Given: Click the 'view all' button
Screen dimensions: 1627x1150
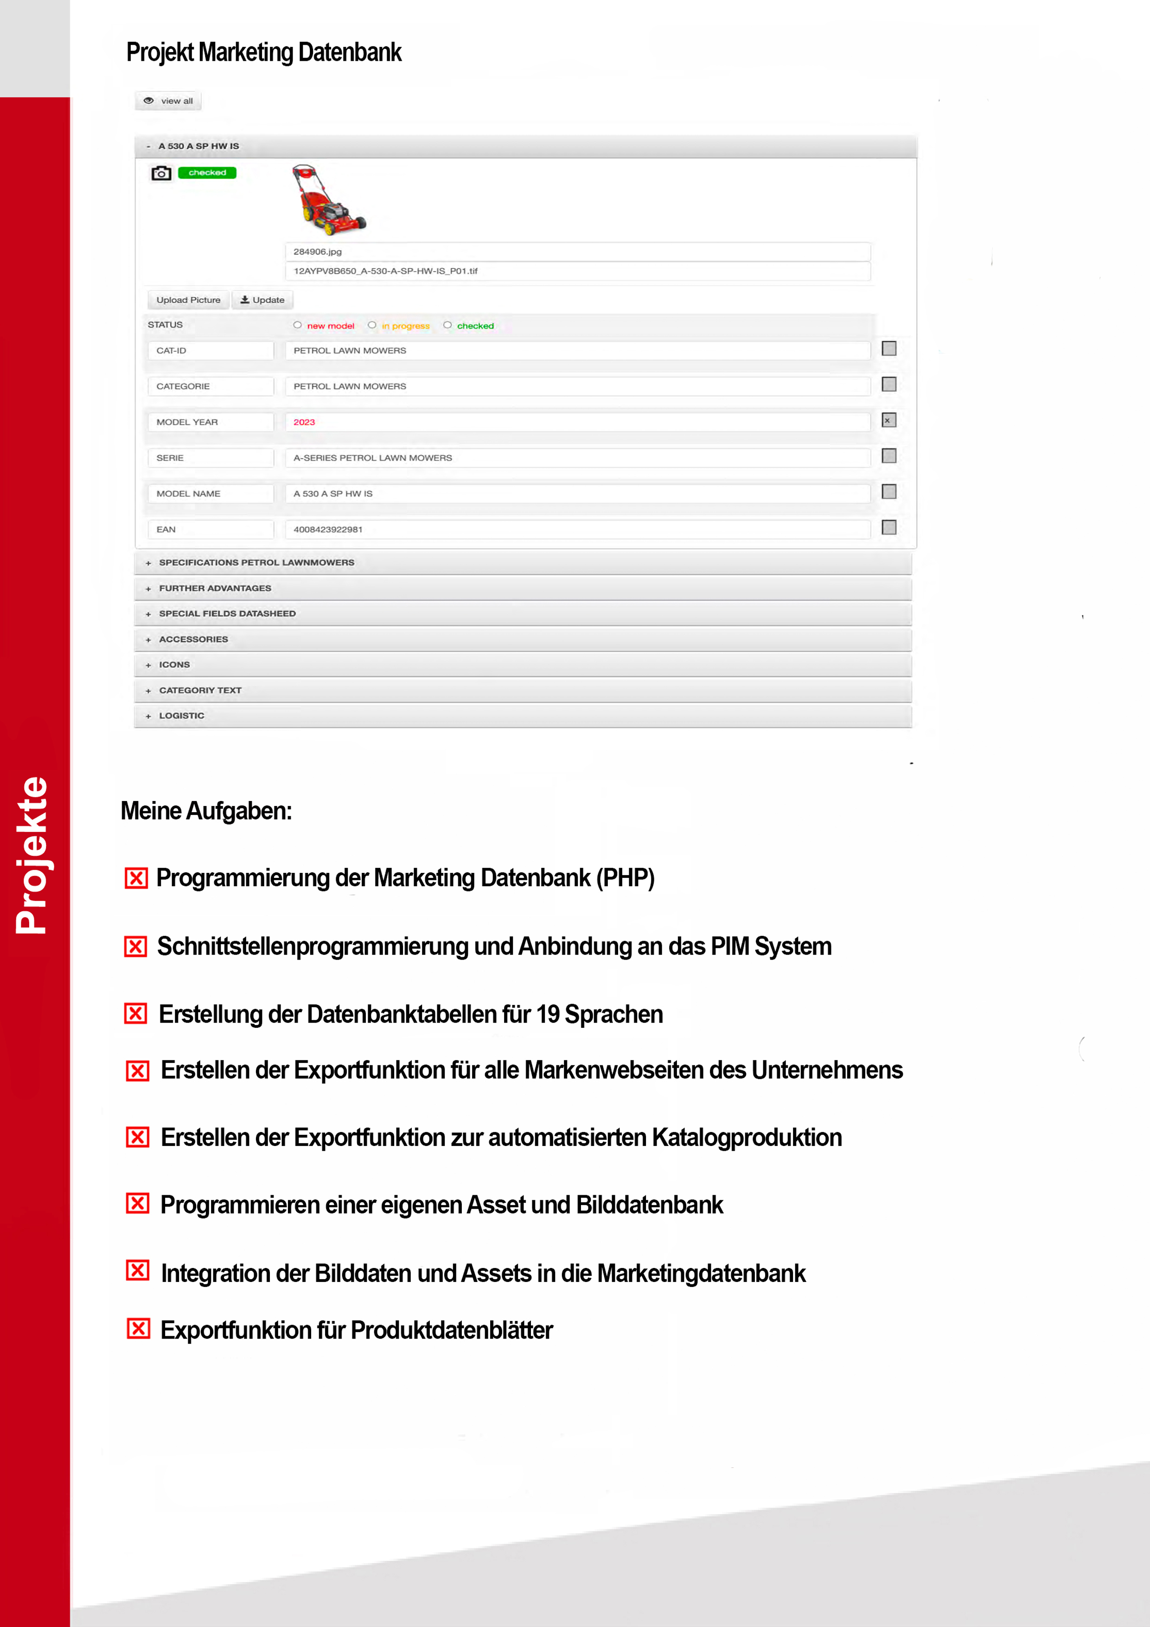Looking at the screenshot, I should pos(169,101).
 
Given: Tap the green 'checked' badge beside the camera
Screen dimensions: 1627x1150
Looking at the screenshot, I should pos(207,173).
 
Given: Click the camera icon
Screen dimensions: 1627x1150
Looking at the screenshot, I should pos(161,173).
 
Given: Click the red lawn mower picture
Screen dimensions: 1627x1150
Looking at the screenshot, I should pos(328,200).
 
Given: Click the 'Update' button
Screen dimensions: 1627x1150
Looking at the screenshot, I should pos(262,300).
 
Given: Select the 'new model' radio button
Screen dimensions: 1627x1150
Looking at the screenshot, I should pos(298,325).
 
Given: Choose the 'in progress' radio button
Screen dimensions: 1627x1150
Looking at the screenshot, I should pos(372,325).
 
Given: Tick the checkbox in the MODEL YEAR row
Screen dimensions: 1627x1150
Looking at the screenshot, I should pos(888,420).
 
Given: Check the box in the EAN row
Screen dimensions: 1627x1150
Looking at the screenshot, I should pos(888,527).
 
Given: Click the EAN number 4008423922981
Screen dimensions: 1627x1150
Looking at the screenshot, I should pos(328,529).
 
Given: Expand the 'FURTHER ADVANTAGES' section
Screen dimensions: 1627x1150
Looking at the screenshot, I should pos(215,588).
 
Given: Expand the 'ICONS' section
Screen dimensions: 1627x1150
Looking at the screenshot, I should pos(174,665).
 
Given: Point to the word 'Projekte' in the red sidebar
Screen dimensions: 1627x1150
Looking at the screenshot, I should pos(32,855).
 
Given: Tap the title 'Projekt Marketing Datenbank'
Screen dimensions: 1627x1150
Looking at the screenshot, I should pos(263,52).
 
